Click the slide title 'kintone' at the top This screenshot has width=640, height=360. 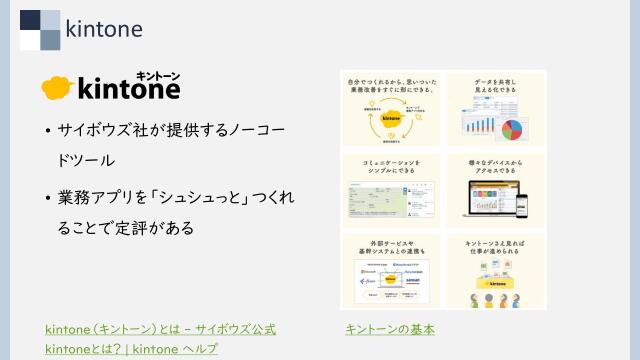point(103,28)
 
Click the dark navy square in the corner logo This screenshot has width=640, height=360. point(30,20)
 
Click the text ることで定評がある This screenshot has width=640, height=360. point(125,229)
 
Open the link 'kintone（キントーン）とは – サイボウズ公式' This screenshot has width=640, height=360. point(160,329)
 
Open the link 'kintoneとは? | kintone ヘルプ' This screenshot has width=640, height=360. point(131,349)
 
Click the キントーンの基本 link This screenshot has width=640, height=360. point(389,329)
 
